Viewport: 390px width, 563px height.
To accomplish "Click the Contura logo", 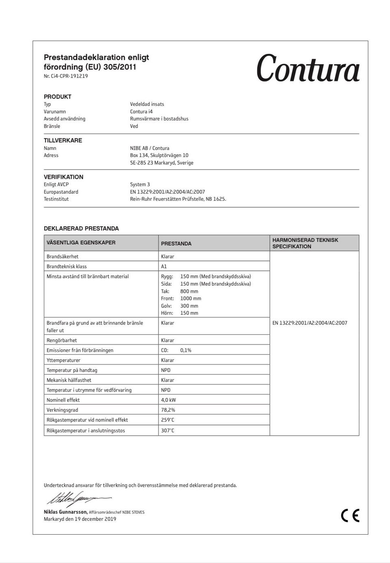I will (308, 68).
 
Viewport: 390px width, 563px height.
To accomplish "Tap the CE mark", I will (350, 515).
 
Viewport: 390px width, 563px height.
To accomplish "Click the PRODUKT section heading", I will (58, 97).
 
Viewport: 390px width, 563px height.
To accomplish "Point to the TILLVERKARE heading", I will (63, 140).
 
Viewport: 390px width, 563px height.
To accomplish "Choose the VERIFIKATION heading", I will (63, 177).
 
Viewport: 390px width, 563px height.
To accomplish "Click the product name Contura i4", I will (141, 112).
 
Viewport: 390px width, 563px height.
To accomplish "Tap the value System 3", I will (140, 184).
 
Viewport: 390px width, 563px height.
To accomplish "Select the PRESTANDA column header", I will (176, 244).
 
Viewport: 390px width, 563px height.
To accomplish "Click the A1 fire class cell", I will (164, 266).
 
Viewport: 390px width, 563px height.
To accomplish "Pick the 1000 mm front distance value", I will (191, 298).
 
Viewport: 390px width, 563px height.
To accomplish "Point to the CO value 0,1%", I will (186, 350).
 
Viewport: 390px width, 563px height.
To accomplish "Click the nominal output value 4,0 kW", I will (169, 400).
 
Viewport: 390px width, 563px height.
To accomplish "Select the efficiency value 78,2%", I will (168, 410).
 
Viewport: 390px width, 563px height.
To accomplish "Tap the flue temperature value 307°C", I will (167, 430).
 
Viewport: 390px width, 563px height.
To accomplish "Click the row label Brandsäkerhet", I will (63, 256).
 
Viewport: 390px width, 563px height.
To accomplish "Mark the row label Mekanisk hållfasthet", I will (69, 380).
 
